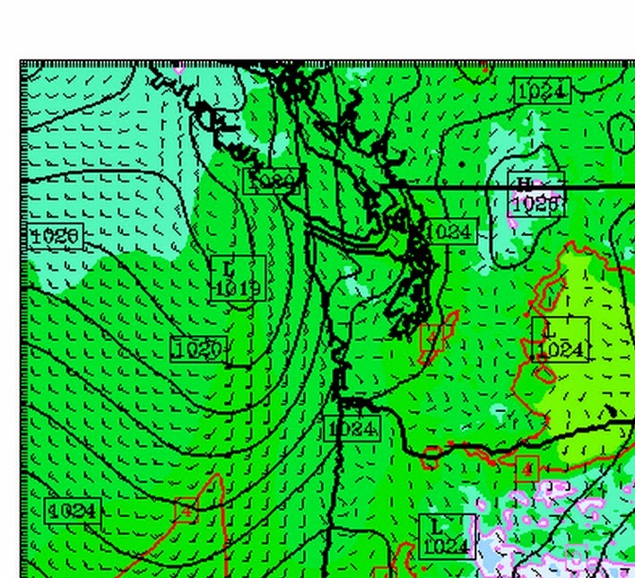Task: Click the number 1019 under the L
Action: click(x=239, y=289)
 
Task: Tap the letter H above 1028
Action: click(x=523, y=185)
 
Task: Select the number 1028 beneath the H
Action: click(x=537, y=204)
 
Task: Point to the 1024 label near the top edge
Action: click(x=543, y=91)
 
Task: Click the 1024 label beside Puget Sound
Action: click(x=448, y=232)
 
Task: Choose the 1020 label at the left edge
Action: click(x=56, y=237)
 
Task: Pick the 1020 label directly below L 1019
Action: click(x=197, y=349)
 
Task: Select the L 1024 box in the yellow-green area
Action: click(x=561, y=339)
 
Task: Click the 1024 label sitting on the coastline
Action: click(x=352, y=428)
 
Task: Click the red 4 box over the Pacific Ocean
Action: click(x=186, y=510)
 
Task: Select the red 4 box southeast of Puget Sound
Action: click(x=431, y=337)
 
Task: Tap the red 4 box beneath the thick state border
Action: click(x=527, y=468)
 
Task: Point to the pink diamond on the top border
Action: click(x=178, y=66)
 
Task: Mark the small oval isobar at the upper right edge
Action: click(x=621, y=134)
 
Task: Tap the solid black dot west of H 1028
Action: click(x=463, y=165)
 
